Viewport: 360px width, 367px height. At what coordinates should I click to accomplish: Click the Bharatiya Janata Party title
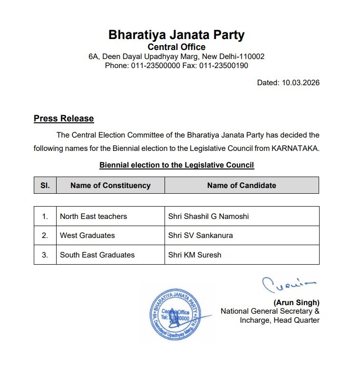(x=176, y=35)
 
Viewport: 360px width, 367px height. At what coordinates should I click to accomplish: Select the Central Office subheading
(x=176, y=47)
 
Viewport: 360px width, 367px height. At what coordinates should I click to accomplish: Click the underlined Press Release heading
(x=64, y=119)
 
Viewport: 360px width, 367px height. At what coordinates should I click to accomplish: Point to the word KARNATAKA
(x=295, y=148)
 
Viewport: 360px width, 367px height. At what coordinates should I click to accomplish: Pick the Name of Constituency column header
(x=110, y=185)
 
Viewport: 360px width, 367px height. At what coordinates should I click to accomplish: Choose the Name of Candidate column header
(x=242, y=185)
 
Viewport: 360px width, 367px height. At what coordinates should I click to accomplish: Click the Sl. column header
(x=45, y=185)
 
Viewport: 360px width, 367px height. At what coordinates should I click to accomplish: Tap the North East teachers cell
(x=94, y=216)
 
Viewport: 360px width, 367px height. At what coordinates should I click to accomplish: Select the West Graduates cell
(x=88, y=235)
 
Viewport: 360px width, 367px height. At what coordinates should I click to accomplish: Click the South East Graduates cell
(x=97, y=255)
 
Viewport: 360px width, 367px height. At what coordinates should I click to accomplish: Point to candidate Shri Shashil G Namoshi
(x=208, y=216)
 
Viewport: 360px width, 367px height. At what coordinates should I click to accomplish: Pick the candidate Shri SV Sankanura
(x=200, y=235)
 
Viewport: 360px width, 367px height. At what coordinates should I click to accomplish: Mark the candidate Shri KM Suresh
(x=195, y=255)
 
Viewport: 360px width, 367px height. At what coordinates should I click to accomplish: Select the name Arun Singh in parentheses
(x=296, y=302)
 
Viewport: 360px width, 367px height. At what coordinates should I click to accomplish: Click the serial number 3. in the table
(x=45, y=255)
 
